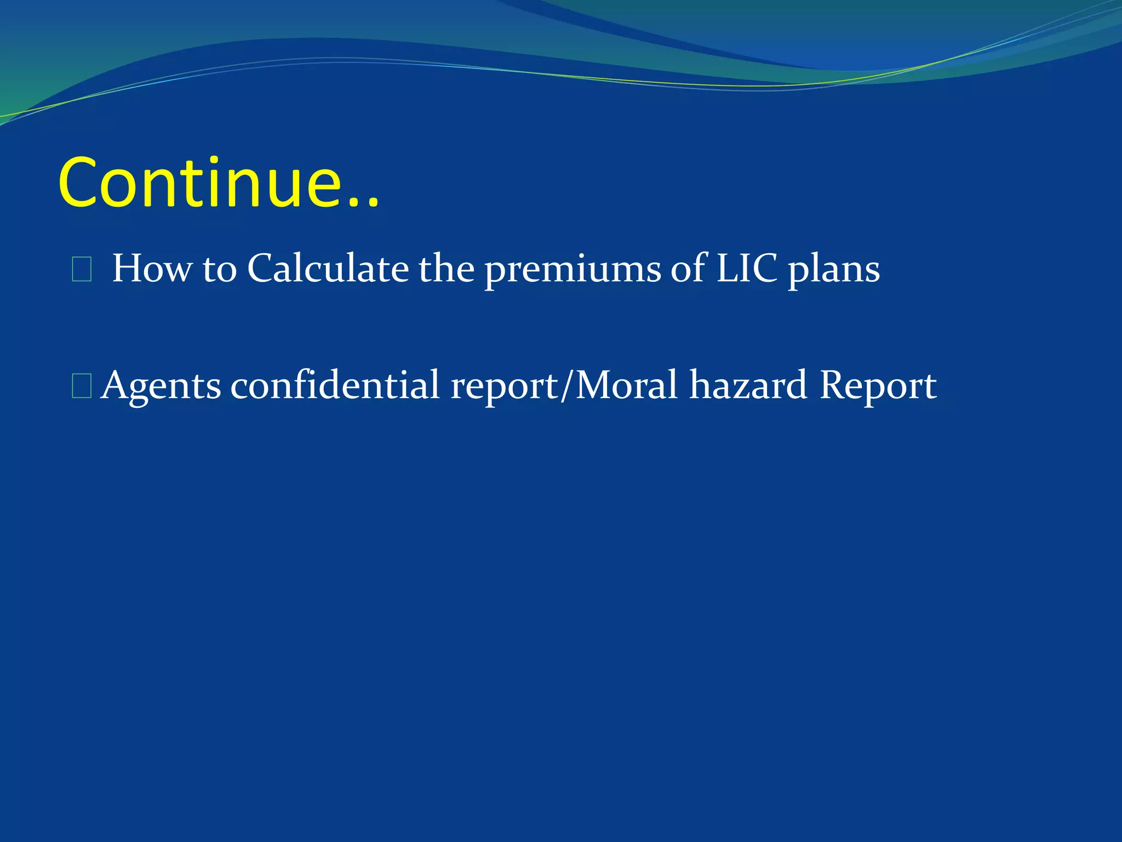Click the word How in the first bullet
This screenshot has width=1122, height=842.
coord(152,269)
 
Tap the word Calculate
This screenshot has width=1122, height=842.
coord(328,269)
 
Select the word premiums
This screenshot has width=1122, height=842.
coord(573,270)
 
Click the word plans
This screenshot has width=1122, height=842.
coord(833,270)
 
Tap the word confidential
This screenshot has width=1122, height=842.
coord(335,385)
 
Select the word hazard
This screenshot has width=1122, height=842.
coord(748,385)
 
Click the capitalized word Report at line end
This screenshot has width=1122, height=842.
coord(878,386)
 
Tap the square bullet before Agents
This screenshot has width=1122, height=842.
coord(82,387)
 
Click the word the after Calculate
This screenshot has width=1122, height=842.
coord(446,269)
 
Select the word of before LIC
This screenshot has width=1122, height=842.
coord(689,269)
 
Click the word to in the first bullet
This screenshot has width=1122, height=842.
coord(219,270)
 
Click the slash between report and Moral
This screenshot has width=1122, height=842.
coord(566,386)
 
